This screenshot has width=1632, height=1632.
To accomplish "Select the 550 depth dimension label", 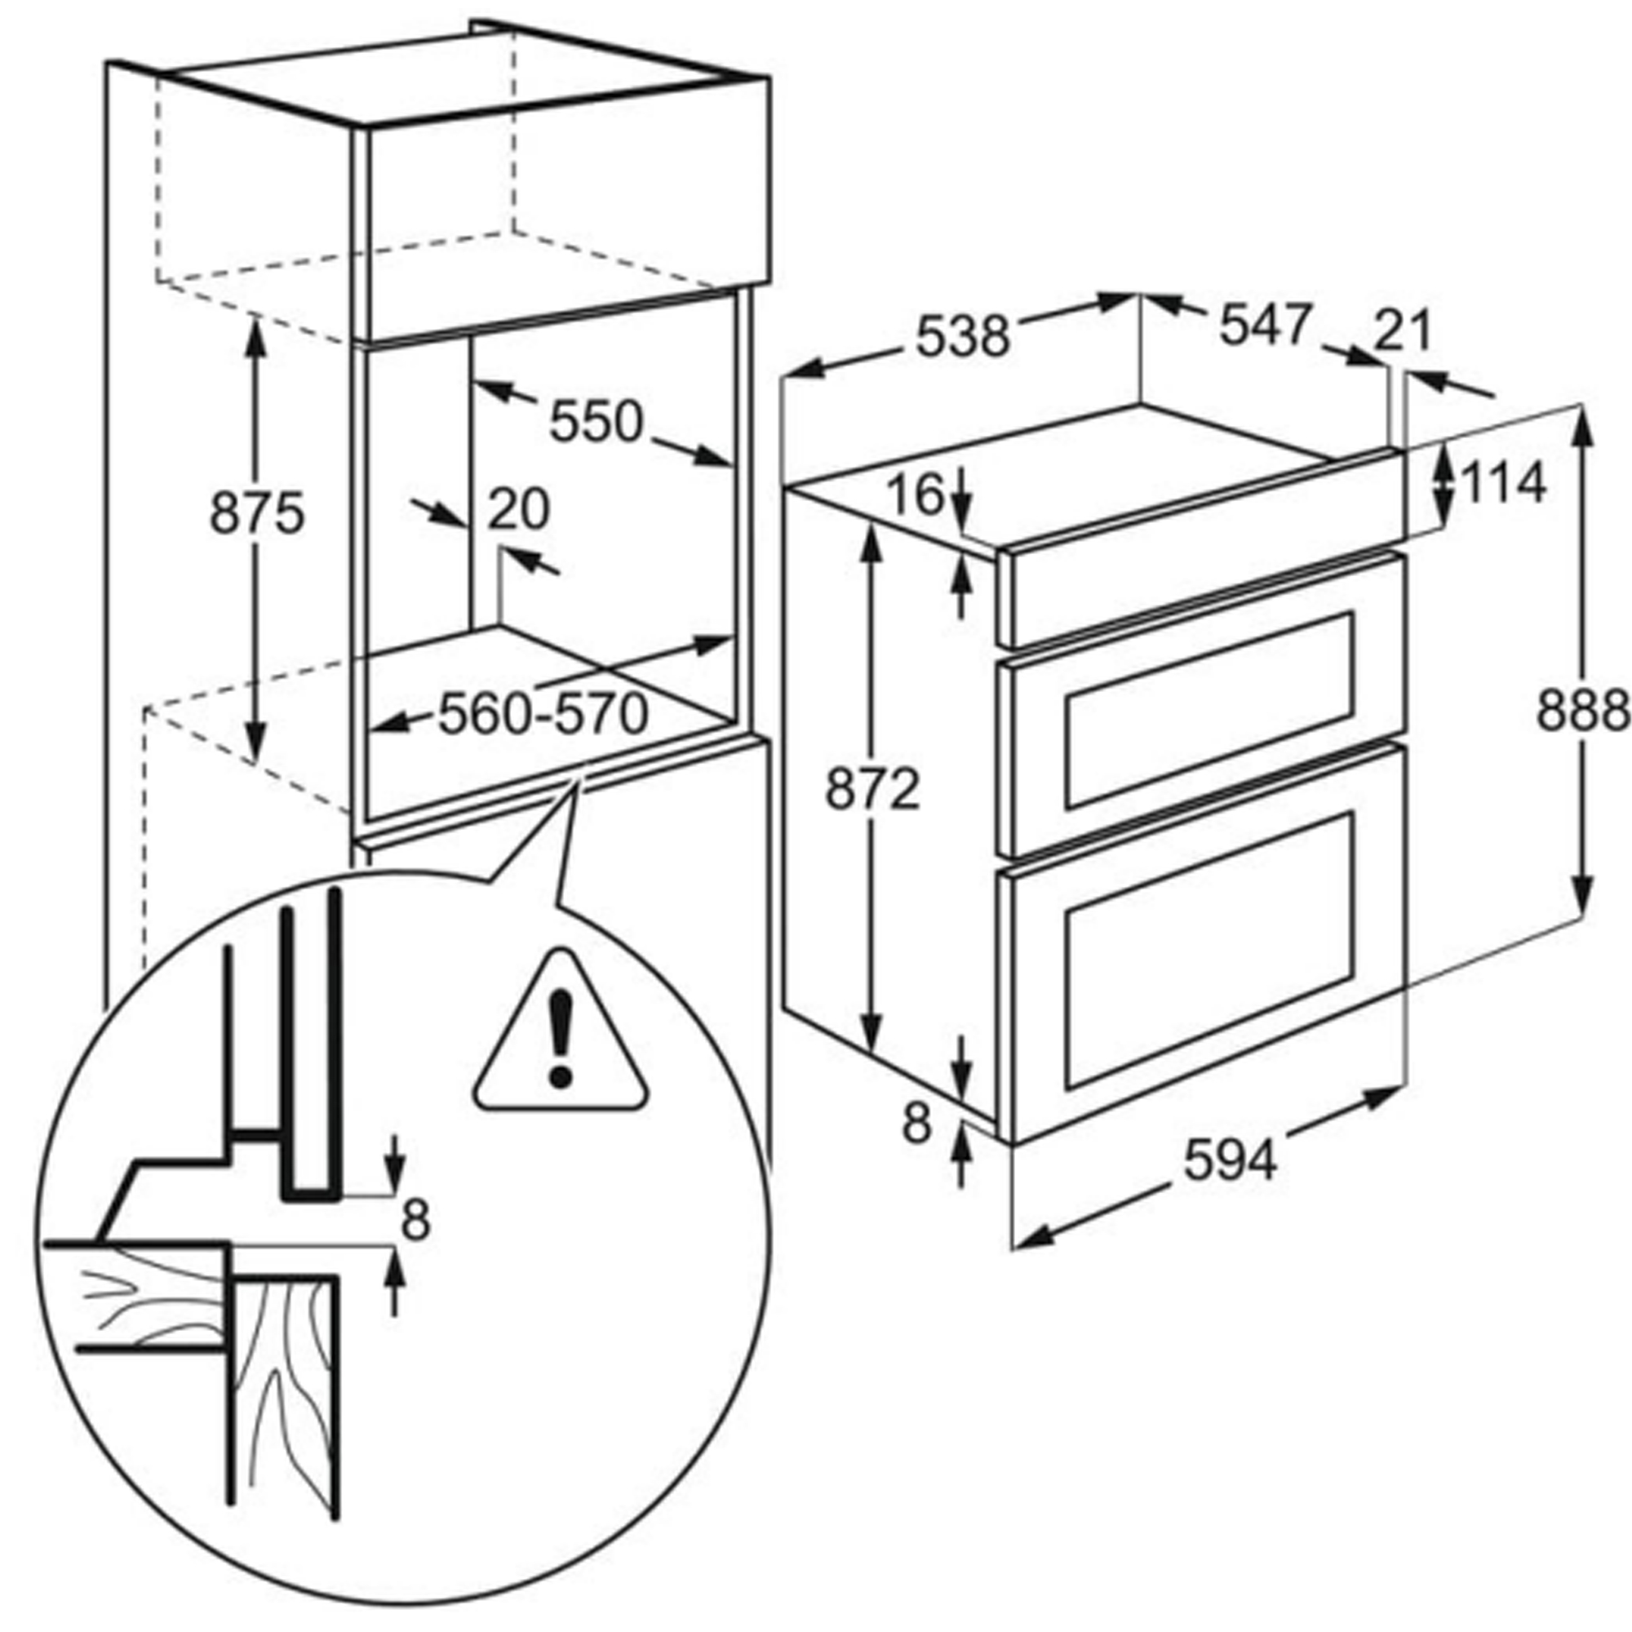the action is point(596,422).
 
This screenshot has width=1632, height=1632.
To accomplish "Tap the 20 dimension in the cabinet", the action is point(518,508).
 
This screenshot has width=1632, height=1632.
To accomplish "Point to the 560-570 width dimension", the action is point(543,714).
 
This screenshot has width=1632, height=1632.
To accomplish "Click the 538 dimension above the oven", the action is point(963,335).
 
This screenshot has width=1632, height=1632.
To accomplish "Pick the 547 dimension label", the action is point(1265,325).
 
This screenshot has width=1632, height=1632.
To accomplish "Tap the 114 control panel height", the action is point(1504,484).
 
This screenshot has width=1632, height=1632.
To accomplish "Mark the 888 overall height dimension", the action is point(1581,711).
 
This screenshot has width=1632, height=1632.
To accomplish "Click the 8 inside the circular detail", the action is point(415,1221).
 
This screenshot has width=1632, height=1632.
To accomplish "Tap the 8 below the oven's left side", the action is point(916,1124).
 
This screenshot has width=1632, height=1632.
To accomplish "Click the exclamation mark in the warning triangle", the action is point(560,1039).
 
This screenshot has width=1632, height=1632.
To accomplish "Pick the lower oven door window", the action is point(1209,951).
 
